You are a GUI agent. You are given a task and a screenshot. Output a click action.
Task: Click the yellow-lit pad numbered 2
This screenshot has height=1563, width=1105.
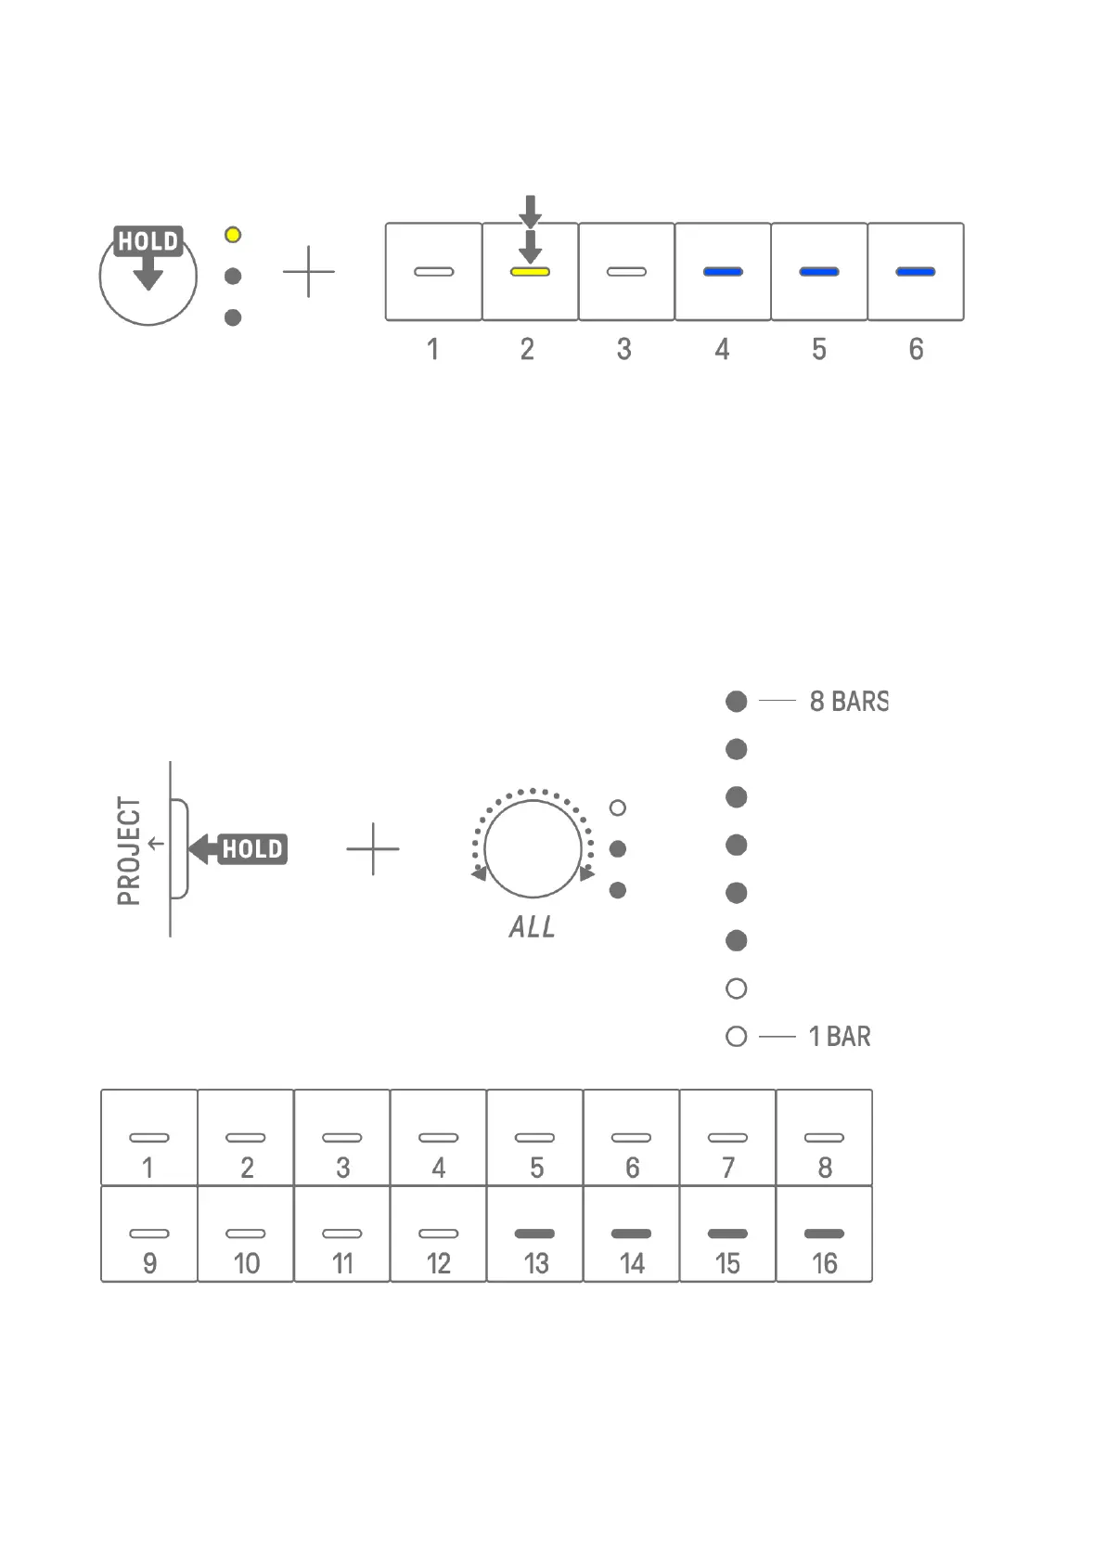(x=530, y=272)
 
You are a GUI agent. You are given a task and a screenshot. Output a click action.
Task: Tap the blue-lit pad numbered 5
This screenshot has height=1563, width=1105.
(x=819, y=272)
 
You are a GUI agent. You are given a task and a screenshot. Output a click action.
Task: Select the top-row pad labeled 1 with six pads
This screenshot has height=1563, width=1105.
(x=433, y=272)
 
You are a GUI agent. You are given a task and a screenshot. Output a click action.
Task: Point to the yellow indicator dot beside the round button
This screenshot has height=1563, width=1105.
(x=233, y=235)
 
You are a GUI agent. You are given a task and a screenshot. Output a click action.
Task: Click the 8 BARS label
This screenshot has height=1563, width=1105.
(x=849, y=702)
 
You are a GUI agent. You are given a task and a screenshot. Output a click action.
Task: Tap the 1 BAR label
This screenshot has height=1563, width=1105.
(x=840, y=1037)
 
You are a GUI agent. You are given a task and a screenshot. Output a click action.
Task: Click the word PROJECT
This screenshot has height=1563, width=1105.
(x=129, y=850)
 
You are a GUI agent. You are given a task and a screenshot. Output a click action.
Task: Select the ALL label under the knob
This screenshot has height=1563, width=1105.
(x=532, y=926)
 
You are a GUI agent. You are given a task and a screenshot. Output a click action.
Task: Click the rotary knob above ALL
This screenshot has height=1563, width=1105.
(x=533, y=849)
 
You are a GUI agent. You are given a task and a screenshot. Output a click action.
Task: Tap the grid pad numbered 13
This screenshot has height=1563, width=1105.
(x=534, y=1234)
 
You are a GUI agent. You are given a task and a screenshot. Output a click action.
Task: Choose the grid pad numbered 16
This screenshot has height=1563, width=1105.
(x=824, y=1234)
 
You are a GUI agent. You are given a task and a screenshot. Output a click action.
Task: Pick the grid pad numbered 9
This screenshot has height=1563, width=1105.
(x=149, y=1234)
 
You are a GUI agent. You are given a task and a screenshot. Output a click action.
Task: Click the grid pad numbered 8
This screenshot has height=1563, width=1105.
(x=824, y=1139)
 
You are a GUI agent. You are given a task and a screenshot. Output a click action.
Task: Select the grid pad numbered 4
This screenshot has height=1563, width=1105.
(x=438, y=1139)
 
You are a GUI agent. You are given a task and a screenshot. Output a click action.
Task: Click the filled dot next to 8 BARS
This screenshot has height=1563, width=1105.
(x=737, y=702)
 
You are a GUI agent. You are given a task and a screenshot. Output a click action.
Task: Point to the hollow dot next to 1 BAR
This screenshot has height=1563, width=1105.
(x=737, y=1037)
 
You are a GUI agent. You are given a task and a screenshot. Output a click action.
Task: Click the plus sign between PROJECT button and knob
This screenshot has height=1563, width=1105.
(x=373, y=849)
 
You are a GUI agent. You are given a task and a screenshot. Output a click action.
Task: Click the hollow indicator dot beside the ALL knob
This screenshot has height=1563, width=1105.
(x=618, y=808)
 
